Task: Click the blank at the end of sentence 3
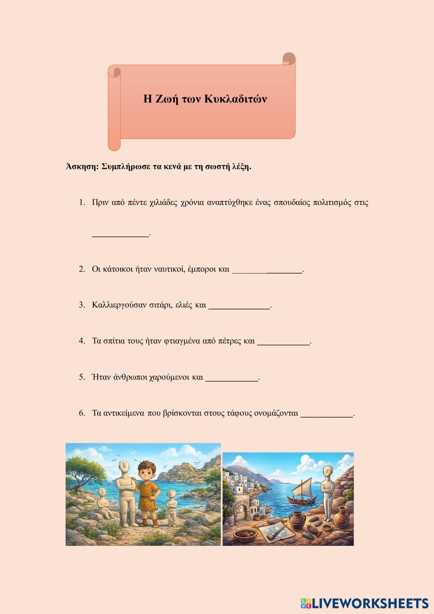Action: point(239,306)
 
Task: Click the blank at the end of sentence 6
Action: point(327,414)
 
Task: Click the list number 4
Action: point(82,341)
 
